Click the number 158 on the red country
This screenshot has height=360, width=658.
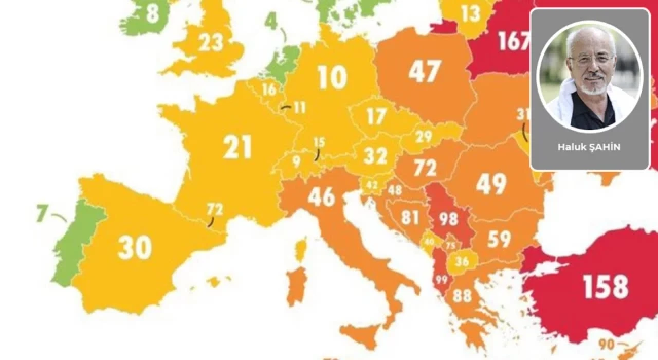click(606, 286)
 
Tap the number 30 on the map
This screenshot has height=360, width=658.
click(135, 248)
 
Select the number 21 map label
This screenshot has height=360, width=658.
click(237, 148)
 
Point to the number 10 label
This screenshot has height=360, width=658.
click(332, 77)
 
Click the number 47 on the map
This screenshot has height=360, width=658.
click(425, 71)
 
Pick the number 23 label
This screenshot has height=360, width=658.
click(211, 43)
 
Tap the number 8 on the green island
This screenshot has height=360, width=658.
click(152, 14)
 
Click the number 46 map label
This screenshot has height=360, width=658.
click(321, 196)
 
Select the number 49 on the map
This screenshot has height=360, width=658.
click(491, 184)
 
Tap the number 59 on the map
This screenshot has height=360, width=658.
click(499, 239)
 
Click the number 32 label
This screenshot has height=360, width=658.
click(376, 155)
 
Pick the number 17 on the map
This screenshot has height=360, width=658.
click(376, 117)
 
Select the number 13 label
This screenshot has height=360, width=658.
click(470, 14)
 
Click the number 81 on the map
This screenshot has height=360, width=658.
click(410, 217)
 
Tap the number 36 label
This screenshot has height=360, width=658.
click(462, 262)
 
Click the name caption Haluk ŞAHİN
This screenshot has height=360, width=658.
click(589, 147)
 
